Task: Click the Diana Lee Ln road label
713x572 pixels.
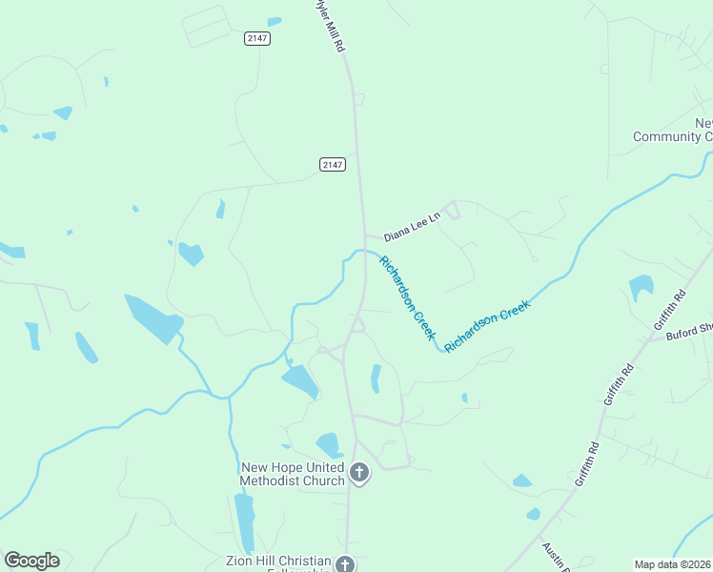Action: (412, 226)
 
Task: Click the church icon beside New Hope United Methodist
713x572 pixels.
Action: (359, 472)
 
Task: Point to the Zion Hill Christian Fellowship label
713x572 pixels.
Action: (278, 563)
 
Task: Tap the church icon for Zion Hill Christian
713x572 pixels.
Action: (345, 564)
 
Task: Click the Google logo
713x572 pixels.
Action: (31, 561)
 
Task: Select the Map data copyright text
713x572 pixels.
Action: (673, 564)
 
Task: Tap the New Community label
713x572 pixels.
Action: (673, 131)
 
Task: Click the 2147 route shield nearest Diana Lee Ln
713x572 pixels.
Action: (332, 165)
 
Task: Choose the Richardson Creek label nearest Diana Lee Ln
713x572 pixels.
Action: (407, 298)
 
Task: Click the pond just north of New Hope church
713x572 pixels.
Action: (330, 444)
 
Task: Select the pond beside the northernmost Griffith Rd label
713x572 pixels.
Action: (642, 286)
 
